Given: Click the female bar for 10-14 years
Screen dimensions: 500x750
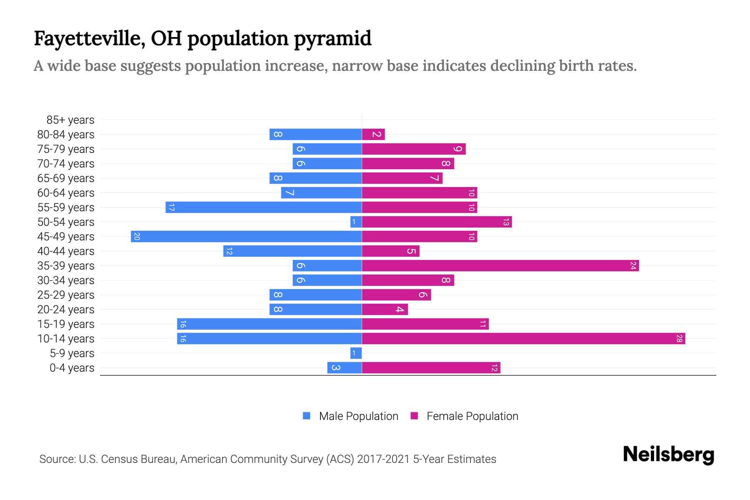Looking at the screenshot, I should (523, 338).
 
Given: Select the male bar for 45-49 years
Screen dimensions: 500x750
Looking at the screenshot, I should (246, 236).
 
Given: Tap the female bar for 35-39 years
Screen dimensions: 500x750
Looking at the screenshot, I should (500, 265).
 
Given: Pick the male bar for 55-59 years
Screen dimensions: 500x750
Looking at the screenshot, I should (263, 207).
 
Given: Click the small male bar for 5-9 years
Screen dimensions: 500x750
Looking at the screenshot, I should (356, 353).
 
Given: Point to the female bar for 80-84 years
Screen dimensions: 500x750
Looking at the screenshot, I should (373, 134).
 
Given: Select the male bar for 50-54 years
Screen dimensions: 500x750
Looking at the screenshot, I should (356, 222).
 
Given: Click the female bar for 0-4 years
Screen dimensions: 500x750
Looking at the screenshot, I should (431, 367).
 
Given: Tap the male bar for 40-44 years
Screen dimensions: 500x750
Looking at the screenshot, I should (292, 251).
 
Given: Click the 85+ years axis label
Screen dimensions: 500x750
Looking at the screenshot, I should (70, 120).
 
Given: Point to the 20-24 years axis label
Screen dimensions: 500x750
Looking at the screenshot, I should (66, 310).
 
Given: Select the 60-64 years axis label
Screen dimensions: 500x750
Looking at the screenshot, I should (66, 193).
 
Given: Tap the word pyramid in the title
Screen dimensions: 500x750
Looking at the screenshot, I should (332, 39).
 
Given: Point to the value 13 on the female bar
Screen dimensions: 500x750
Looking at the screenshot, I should (506, 222).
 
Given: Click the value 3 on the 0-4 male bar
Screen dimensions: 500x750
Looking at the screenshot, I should (336, 367).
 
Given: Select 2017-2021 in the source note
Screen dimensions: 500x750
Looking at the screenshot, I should (383, 459).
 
